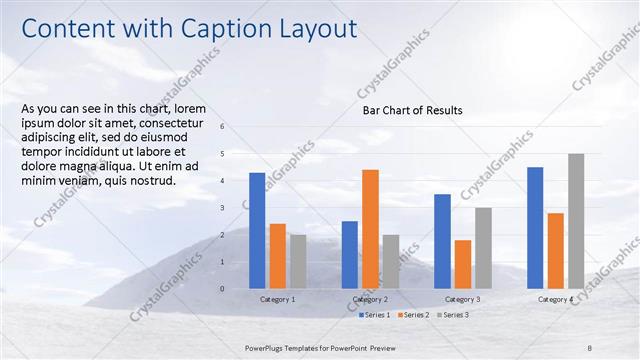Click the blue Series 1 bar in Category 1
pos(257,230)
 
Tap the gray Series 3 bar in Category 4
pos(576,221)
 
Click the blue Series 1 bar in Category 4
pos(535,227)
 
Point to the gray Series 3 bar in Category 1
pos(298,261)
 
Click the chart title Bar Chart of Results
pos(412,110)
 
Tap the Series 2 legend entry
pos(413,315)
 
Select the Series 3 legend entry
pos(452,315)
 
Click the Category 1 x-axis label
pos(277,300)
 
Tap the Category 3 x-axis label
pos(463,300)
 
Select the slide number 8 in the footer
pos(590,346)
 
